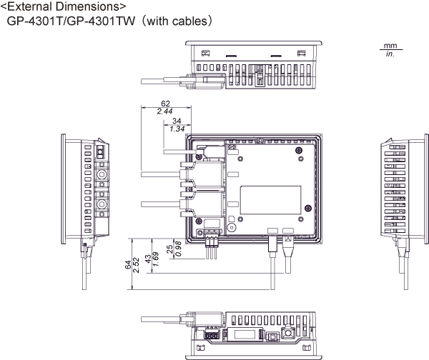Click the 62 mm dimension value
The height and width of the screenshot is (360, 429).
point(165,104)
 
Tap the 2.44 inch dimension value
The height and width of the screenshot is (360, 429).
point(164,111)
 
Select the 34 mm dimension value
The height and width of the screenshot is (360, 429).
point(177,121)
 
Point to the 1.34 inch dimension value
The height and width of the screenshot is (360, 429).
point(177,129)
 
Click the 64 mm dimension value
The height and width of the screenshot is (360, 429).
point(128,264)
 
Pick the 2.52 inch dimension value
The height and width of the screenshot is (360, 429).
point(136,265)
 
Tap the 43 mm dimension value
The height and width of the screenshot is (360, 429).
point(148,259)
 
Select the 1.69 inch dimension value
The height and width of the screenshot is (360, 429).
point(155,259)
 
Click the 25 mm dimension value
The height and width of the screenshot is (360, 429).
point(170,249)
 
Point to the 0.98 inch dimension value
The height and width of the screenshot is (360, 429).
point(178,249)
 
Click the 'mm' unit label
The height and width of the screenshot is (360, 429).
point(390,46)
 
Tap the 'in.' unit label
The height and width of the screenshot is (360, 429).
point(390,54)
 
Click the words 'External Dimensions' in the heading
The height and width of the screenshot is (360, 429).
point(64,6)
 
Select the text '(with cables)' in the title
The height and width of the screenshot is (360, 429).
point(177,21)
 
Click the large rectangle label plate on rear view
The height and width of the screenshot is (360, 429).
point(270,200)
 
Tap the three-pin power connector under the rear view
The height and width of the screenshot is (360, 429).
point(212,244)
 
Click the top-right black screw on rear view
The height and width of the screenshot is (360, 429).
point(299,150)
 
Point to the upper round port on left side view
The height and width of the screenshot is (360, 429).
point(102,174)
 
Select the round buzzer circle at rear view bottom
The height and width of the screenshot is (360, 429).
point(232,228)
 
